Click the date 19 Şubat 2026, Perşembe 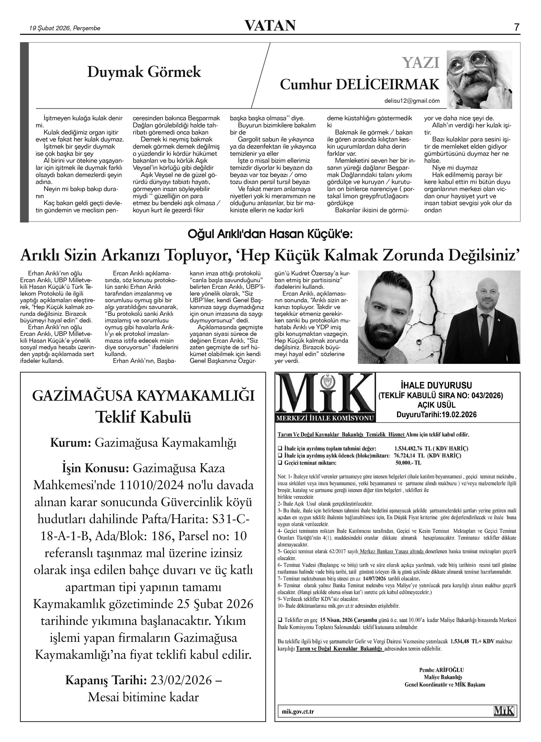[x=65, y=28]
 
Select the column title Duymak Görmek [x=144, y=72]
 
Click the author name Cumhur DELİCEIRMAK [x=359, y=85]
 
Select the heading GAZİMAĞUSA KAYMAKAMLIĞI [x=143, y=396]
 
